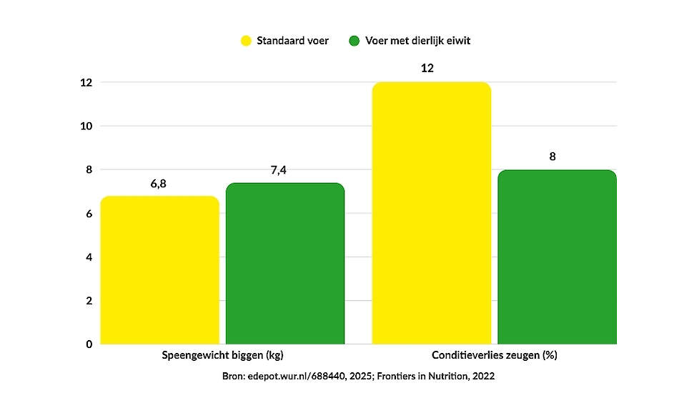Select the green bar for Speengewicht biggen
(x=285, y=264)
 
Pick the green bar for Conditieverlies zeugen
(x=557, y=257)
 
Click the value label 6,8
(x=159, y=184)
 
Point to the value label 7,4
(x=285, y=170)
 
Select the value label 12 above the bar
(x=427, y=69)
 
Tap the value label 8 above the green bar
(x=552, y=156)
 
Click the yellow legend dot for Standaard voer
(x=246, y=41)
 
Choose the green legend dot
(x=354, y=41)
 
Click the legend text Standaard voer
(x=293, y=41)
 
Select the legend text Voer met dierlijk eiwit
(x=418, y=41)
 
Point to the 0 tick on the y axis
(x=89, y=344)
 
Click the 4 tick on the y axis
(x=89, y=257)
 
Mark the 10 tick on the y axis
(x=86, y=126)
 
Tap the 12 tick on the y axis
(x=86, y=83)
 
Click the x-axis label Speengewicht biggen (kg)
(x=227, y=355)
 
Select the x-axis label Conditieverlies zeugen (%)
(x=495, y=355)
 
